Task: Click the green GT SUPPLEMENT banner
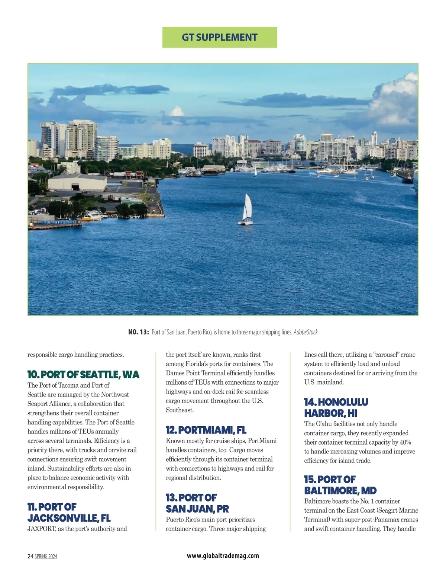click(x=220, y=37)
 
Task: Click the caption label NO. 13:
click(x=138, y=332)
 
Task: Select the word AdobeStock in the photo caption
click(x=306, y=332)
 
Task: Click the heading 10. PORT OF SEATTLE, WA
click(x=83, y=374)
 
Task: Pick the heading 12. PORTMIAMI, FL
click(x=206, y=430)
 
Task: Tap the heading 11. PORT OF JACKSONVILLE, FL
click(x=69, y=512)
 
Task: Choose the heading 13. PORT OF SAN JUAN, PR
click(x=197, y=503)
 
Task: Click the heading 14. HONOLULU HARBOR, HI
click(x=336, y=407)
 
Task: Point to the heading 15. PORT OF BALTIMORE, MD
click(x=340, y=485)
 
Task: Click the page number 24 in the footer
click(x=30, y=557)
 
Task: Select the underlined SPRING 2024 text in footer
click(x=46, y=557)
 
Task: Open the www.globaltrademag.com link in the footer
click(x=223, y=556)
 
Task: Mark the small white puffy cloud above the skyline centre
click(x=177, y=111)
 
